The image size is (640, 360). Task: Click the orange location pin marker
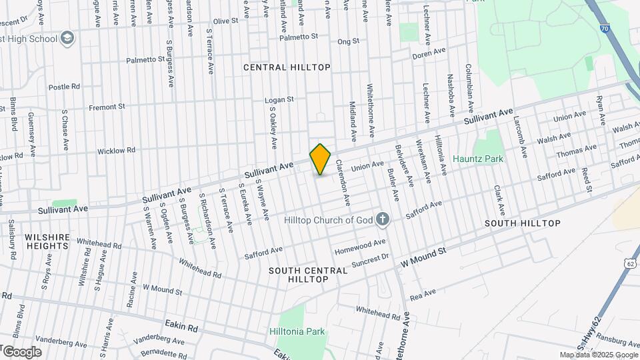[x=321, y=159]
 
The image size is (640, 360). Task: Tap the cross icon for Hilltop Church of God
[x=383, y=219]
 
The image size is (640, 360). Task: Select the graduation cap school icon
[x=67, y=39]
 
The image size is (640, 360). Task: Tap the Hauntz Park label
[x=478, y=159]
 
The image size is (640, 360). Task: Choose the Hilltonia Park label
[x=297, y=331]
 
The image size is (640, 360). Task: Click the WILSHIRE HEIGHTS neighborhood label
[x=47, y=241]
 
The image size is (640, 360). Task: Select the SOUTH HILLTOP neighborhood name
[x=522, y=223]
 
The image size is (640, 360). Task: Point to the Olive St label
[x=225, y=21]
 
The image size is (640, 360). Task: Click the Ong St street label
[x=348, y=41]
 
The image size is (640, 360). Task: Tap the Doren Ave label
[x=429, y=52]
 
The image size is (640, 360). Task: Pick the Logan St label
[x=279, y=99]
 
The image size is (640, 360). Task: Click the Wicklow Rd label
[x=116, y=151]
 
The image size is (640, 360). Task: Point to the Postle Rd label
[x=64, y=87]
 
